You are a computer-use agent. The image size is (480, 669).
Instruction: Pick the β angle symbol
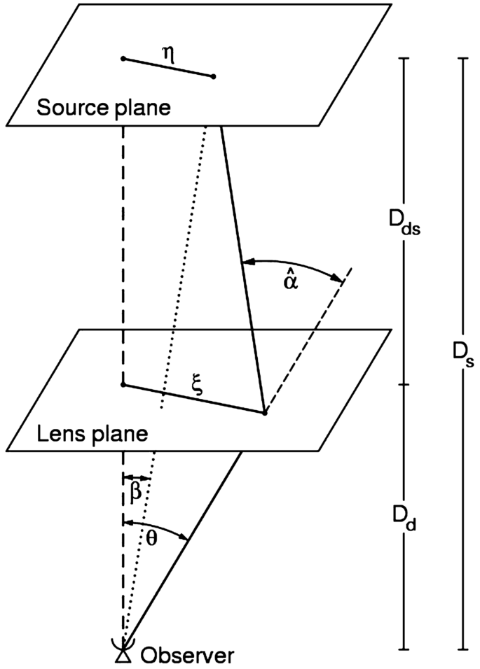pos(136,491)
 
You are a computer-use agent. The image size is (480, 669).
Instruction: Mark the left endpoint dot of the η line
pos(123,59)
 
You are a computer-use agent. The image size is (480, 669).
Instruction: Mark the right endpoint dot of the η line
pos(213,76)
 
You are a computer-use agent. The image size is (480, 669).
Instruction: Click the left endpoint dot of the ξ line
pos(123,385)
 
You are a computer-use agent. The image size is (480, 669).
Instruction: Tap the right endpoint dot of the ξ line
pos(264,413)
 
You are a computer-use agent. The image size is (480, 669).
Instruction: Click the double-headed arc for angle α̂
pos(294,264)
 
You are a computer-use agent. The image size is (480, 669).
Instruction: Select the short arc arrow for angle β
pos(137,477)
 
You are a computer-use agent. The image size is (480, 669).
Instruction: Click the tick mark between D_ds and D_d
pos(404,384)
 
